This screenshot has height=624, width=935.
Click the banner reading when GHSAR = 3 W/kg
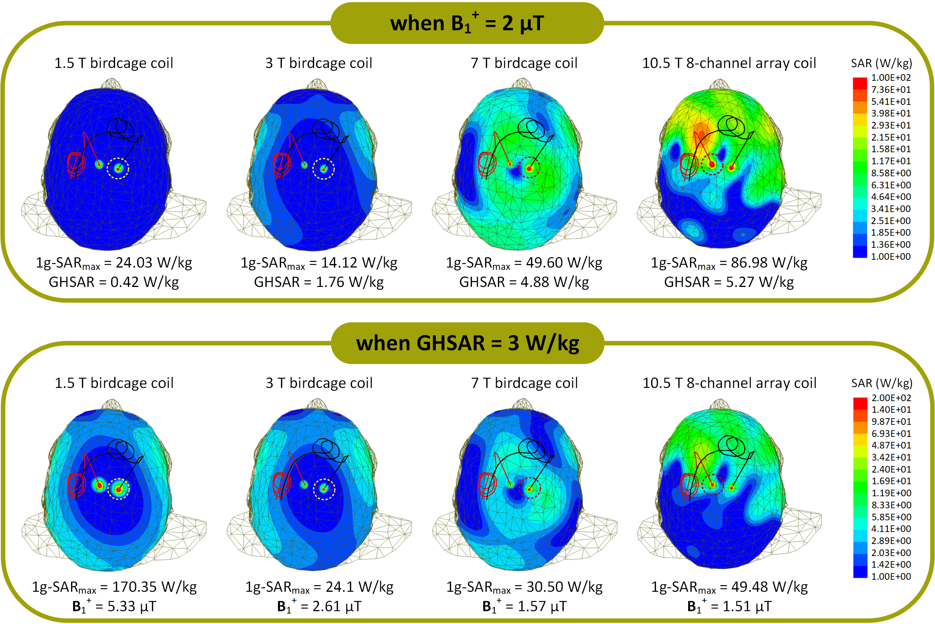(x=467, y=343)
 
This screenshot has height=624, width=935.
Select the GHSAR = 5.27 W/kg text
(x=729, y=282)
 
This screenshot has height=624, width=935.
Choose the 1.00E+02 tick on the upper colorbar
(x=890, y=78)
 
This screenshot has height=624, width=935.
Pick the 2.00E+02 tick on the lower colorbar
(x=891, y=398)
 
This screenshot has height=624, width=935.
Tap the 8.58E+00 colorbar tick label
(x=890, y=173)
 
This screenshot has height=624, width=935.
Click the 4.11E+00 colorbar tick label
(x=891, y=529)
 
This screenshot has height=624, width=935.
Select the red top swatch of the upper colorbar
(x=859, y=83)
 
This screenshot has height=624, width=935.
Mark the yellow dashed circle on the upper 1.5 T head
(x=118, y=169)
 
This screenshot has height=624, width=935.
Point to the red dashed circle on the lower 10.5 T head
(x=712, y=485)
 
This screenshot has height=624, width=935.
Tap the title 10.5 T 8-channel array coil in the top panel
(x=729, y=63)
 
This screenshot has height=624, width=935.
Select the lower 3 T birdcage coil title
(x=319, y=383)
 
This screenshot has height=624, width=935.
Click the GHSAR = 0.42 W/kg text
(x=114, y=282)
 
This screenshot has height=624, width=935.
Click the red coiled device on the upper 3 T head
(x=281, y=165)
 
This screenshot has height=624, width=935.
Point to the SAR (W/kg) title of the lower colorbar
(x=881, y=383)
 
